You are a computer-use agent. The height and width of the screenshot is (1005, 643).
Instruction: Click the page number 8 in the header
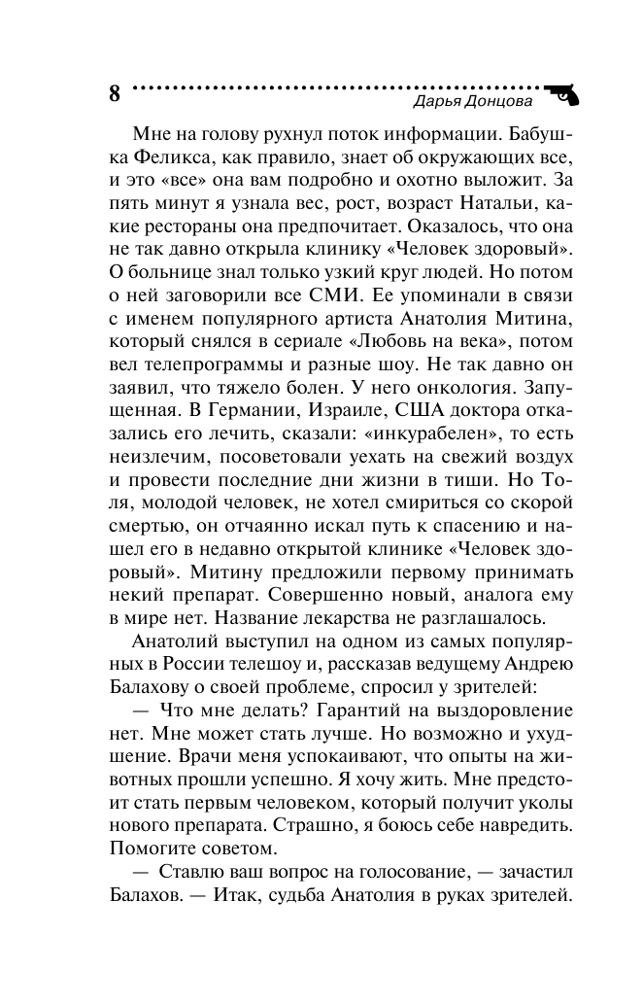pos(115,94)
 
